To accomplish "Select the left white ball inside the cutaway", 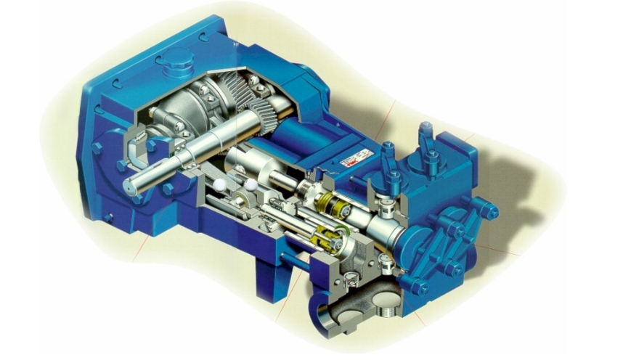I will coord(219,187).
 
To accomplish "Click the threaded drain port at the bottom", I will coord(383,311).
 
